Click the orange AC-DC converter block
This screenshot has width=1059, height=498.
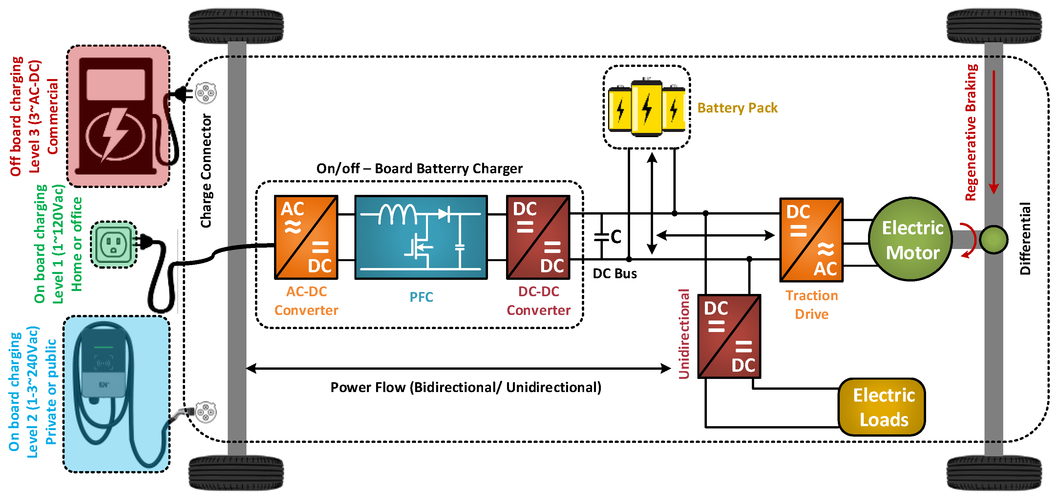coord(306,237)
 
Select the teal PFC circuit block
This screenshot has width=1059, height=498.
coord(421,237)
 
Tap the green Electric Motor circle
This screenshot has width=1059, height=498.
coord(911,239)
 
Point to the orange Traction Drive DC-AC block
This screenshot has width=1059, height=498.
coord(812,240)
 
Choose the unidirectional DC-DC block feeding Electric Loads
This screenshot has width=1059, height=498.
coord(729,336)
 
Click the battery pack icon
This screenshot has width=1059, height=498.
coord(646,108)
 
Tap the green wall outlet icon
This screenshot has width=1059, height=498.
coord(114,244)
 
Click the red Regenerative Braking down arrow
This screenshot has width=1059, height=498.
coord(994,132)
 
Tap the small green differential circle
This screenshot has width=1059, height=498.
coord(993,239)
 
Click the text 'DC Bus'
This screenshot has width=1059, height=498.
coord(615,274)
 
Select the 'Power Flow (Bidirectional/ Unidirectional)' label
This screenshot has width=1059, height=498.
coord(465,387)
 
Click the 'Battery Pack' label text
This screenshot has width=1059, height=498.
coord(737,108)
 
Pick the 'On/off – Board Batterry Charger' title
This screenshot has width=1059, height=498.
coord(419,169)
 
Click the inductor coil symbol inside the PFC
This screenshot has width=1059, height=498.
coord(397,214)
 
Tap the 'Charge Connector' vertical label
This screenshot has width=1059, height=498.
coord(206,171)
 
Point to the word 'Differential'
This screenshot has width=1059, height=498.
coord(1025,238)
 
